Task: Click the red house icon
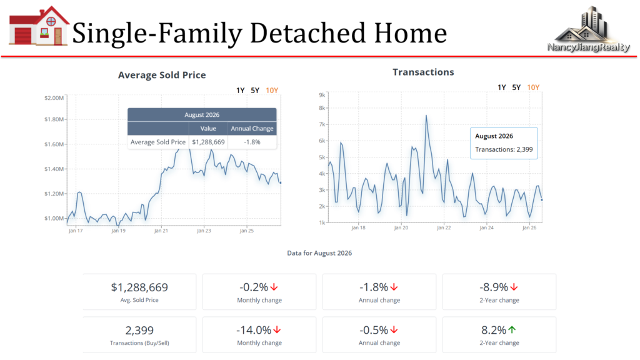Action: point(39,26)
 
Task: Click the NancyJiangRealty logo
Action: point(588,29)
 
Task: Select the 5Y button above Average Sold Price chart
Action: point(255,90)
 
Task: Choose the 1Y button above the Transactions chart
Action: point(502,87)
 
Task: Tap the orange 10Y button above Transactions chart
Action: point(533,87)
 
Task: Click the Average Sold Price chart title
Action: point(162,75)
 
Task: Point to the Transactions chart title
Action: point(423,72)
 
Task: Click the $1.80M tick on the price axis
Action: point(54,119)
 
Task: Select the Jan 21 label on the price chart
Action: point(161,231)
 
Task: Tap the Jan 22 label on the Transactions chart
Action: point(444,227)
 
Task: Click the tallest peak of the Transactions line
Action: point(426,116)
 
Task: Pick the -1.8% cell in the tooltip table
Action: point(252,142)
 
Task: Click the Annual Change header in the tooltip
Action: point(252,129)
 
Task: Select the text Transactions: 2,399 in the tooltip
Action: point(504,149)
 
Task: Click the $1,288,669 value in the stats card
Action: point(139,287)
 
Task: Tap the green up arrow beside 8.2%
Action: point(512,329)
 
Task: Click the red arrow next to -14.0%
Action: point(277,329)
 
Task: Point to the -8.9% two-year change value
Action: point(494,287)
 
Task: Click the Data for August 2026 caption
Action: point(319,253)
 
